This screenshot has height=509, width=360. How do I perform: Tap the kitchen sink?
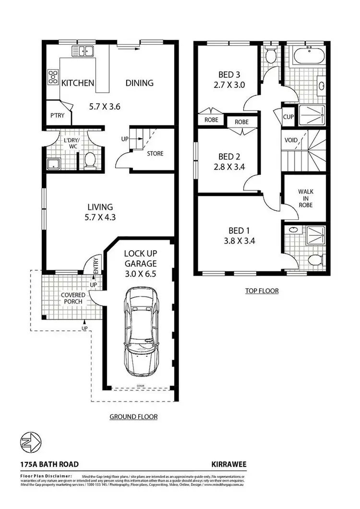pos(83,50)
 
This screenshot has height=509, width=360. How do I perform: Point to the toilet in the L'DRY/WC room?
pos(90,160)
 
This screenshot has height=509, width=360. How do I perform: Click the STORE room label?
pos(155,154)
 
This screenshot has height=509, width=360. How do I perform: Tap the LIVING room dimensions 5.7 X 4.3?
pos(100,217)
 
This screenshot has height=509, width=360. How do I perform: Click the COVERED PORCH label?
pos(73,298)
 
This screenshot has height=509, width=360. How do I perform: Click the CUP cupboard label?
pos(288,117)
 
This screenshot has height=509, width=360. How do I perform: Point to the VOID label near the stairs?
pos(291,140)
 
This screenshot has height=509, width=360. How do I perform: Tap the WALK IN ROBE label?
pos(305,198)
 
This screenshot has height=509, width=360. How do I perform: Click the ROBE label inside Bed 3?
pos(212,120)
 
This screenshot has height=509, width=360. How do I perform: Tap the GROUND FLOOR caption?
pos(133,417)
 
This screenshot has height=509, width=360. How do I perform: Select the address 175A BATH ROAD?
pos(49,464)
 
